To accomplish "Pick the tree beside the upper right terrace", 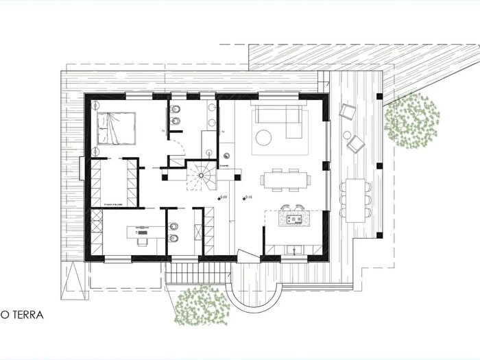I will pyautogui.click(x=411, y=120).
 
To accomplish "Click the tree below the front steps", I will pyautogui.click(x=200, y=305).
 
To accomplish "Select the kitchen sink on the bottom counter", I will pyautogui.click(x=297, y=250).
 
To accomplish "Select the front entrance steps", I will pyautogui.click(x=195, y=271).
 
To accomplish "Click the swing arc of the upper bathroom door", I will pyautogui.click(x=178, y=145).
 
